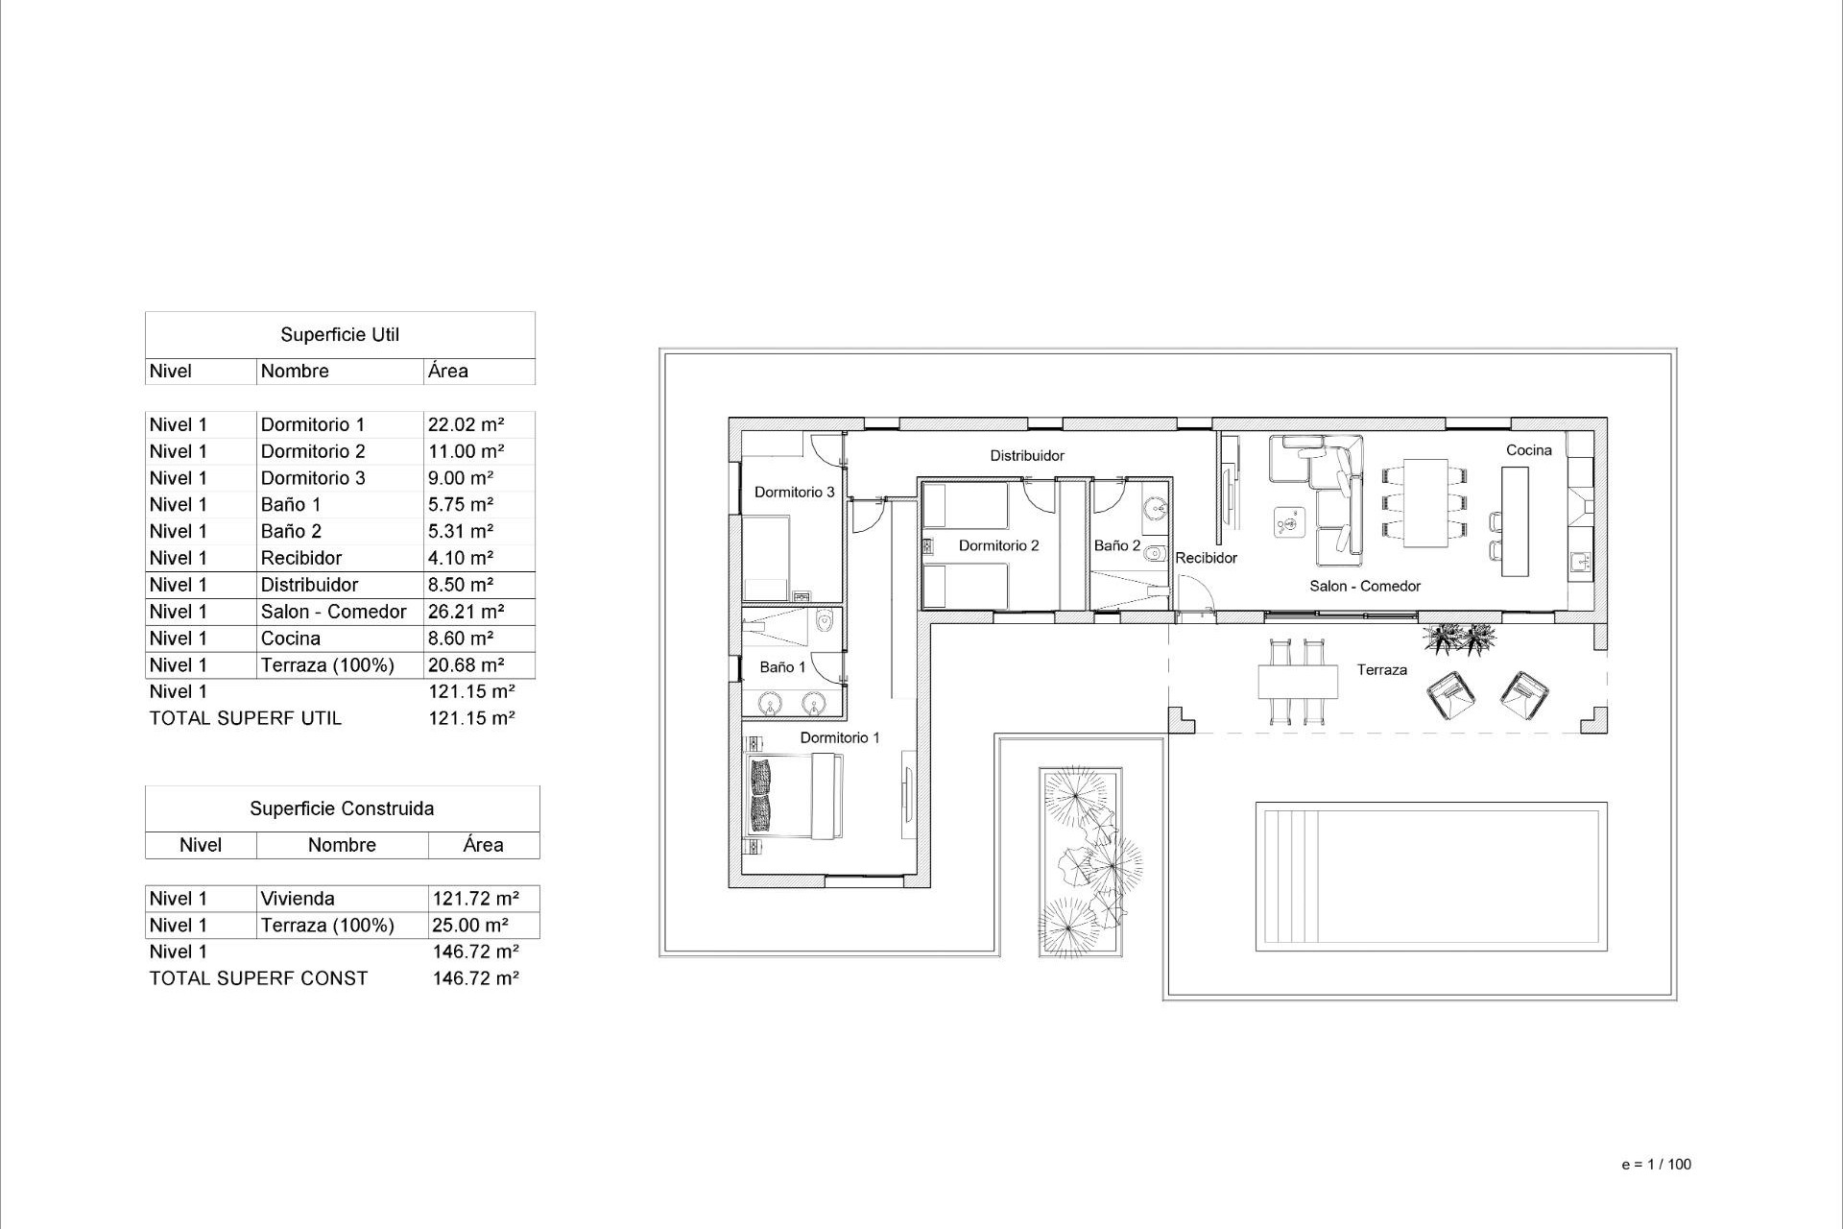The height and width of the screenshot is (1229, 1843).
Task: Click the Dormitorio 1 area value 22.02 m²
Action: (x=467, y=424)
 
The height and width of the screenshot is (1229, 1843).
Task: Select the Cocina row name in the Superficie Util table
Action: (x=291, y=639)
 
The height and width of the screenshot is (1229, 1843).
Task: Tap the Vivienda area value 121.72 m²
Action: (x=476, y=899)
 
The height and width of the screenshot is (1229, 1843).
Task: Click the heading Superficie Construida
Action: (x=342, y=808)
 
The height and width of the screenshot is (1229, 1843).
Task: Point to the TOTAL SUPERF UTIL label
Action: (x=246, y=718)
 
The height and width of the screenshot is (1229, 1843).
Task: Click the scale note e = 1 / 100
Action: (x=1656, y=1165)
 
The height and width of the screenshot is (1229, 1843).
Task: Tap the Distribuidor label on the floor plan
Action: (x=1027, y=456)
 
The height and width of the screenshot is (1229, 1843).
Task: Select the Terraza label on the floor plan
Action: (x=1381, y=670)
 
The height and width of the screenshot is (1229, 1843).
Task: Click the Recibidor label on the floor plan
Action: (x=1206, y=558)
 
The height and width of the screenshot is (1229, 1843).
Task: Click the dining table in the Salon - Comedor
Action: (x=1425, y=503)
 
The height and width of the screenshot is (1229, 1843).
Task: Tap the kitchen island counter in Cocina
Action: (x=1515, y=521)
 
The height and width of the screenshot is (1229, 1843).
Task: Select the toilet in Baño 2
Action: (x=1155, y=553)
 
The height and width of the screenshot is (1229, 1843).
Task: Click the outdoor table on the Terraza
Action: (x=1298, y=682)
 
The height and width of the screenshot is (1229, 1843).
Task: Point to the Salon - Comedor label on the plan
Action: (x=1364, y=587)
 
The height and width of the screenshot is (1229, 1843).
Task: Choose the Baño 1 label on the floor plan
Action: (x=782, y=667)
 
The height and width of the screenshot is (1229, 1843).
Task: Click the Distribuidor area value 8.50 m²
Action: (x=461, y=585)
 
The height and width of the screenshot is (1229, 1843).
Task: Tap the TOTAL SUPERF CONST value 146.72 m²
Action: (x=476, y=978)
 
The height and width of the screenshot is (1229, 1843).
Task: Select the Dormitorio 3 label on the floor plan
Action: (x=794, y=493)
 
